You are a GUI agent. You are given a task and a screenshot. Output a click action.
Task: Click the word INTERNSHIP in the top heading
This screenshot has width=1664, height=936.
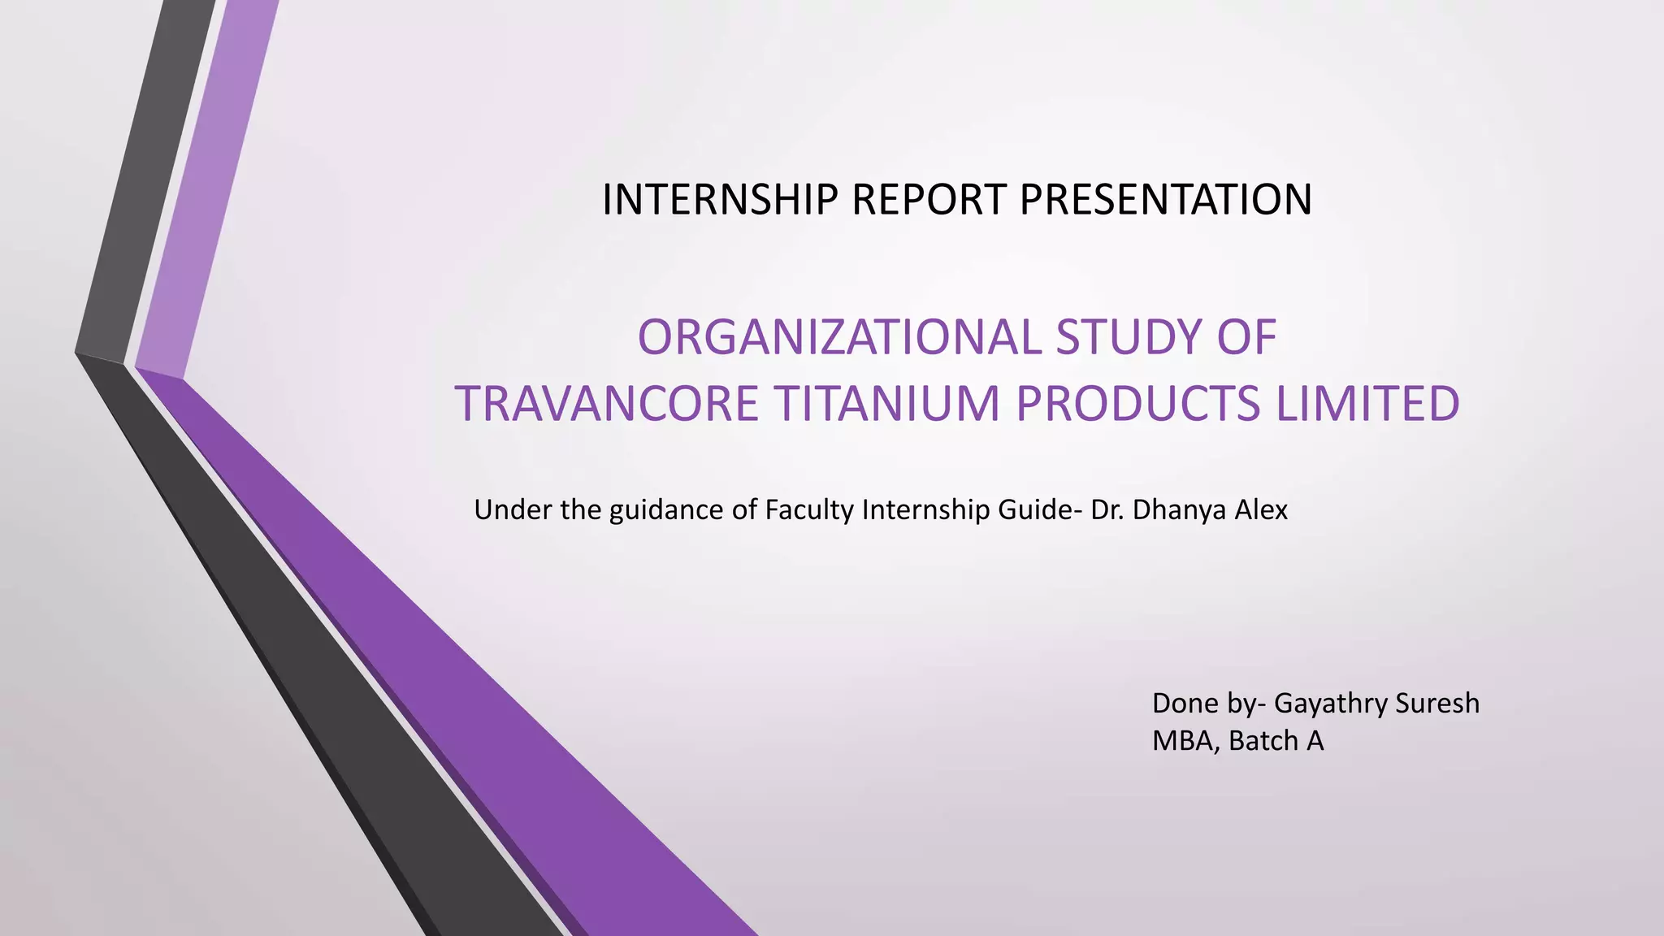click(x=720, y=200)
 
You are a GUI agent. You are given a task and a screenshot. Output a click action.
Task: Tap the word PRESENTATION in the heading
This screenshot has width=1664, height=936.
click(x=1165, y=200)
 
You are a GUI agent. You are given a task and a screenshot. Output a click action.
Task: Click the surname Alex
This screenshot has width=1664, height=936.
click(x=1262, y=510)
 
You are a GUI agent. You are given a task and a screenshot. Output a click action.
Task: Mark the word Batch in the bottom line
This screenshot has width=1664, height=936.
click(x=1263, y=741)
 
